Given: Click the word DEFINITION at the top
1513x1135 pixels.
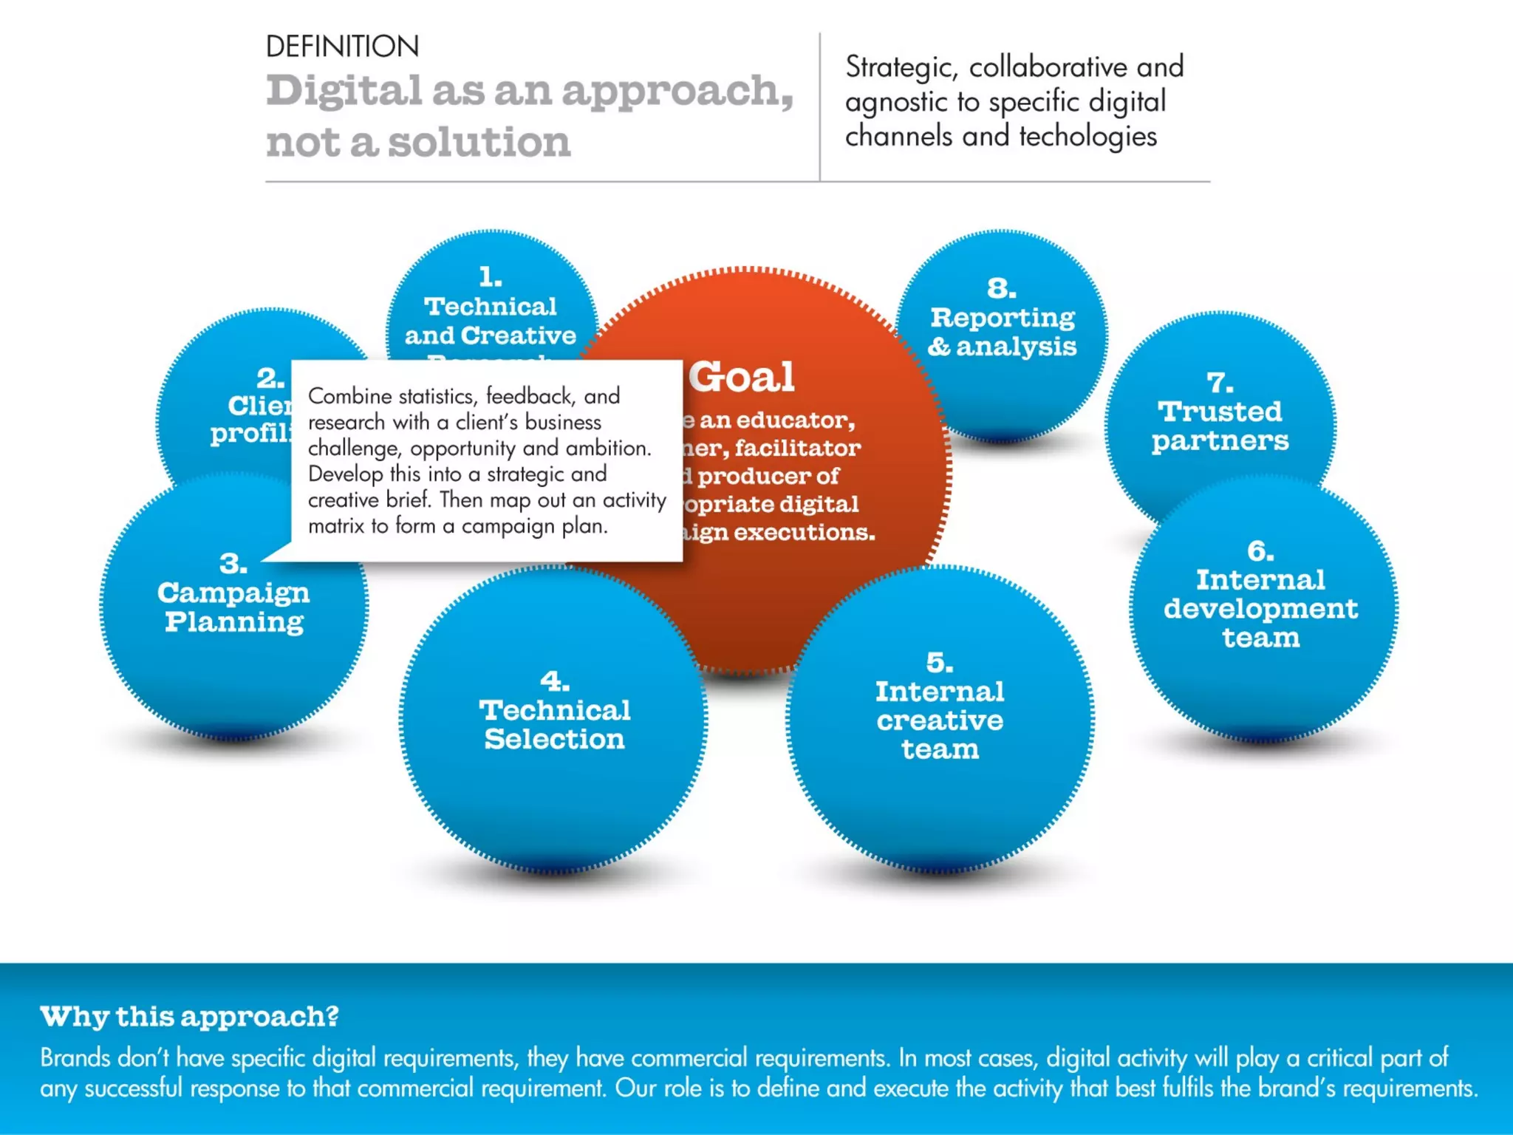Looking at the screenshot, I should click(x=342, y=47).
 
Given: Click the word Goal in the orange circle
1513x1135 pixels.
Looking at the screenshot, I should click(x=742, y=378).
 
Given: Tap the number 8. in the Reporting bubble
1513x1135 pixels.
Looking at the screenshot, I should click(x=1001, y=288).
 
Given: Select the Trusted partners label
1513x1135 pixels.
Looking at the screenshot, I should click(x=1220, y=426).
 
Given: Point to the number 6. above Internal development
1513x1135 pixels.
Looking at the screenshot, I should click(x=1260, y=551).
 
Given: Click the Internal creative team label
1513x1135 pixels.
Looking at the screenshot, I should click(x=940, y=720).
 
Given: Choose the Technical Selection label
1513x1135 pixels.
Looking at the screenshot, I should click(x=554, y=725).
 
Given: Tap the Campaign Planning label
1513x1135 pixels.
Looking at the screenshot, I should click(x=233, y=607).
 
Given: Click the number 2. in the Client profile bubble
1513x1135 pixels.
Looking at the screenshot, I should click(x=270, y=378).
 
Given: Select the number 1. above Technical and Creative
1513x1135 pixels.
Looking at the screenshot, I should click(x=490, y=277).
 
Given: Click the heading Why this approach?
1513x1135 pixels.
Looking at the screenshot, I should click(x=189, y=1017).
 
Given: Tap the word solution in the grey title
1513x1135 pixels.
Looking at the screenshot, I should click(x=479, y=142).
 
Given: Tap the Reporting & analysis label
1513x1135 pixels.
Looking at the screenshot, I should click(x=1002, y=332).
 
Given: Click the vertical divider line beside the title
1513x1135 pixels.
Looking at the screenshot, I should click(x=819, y=107).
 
